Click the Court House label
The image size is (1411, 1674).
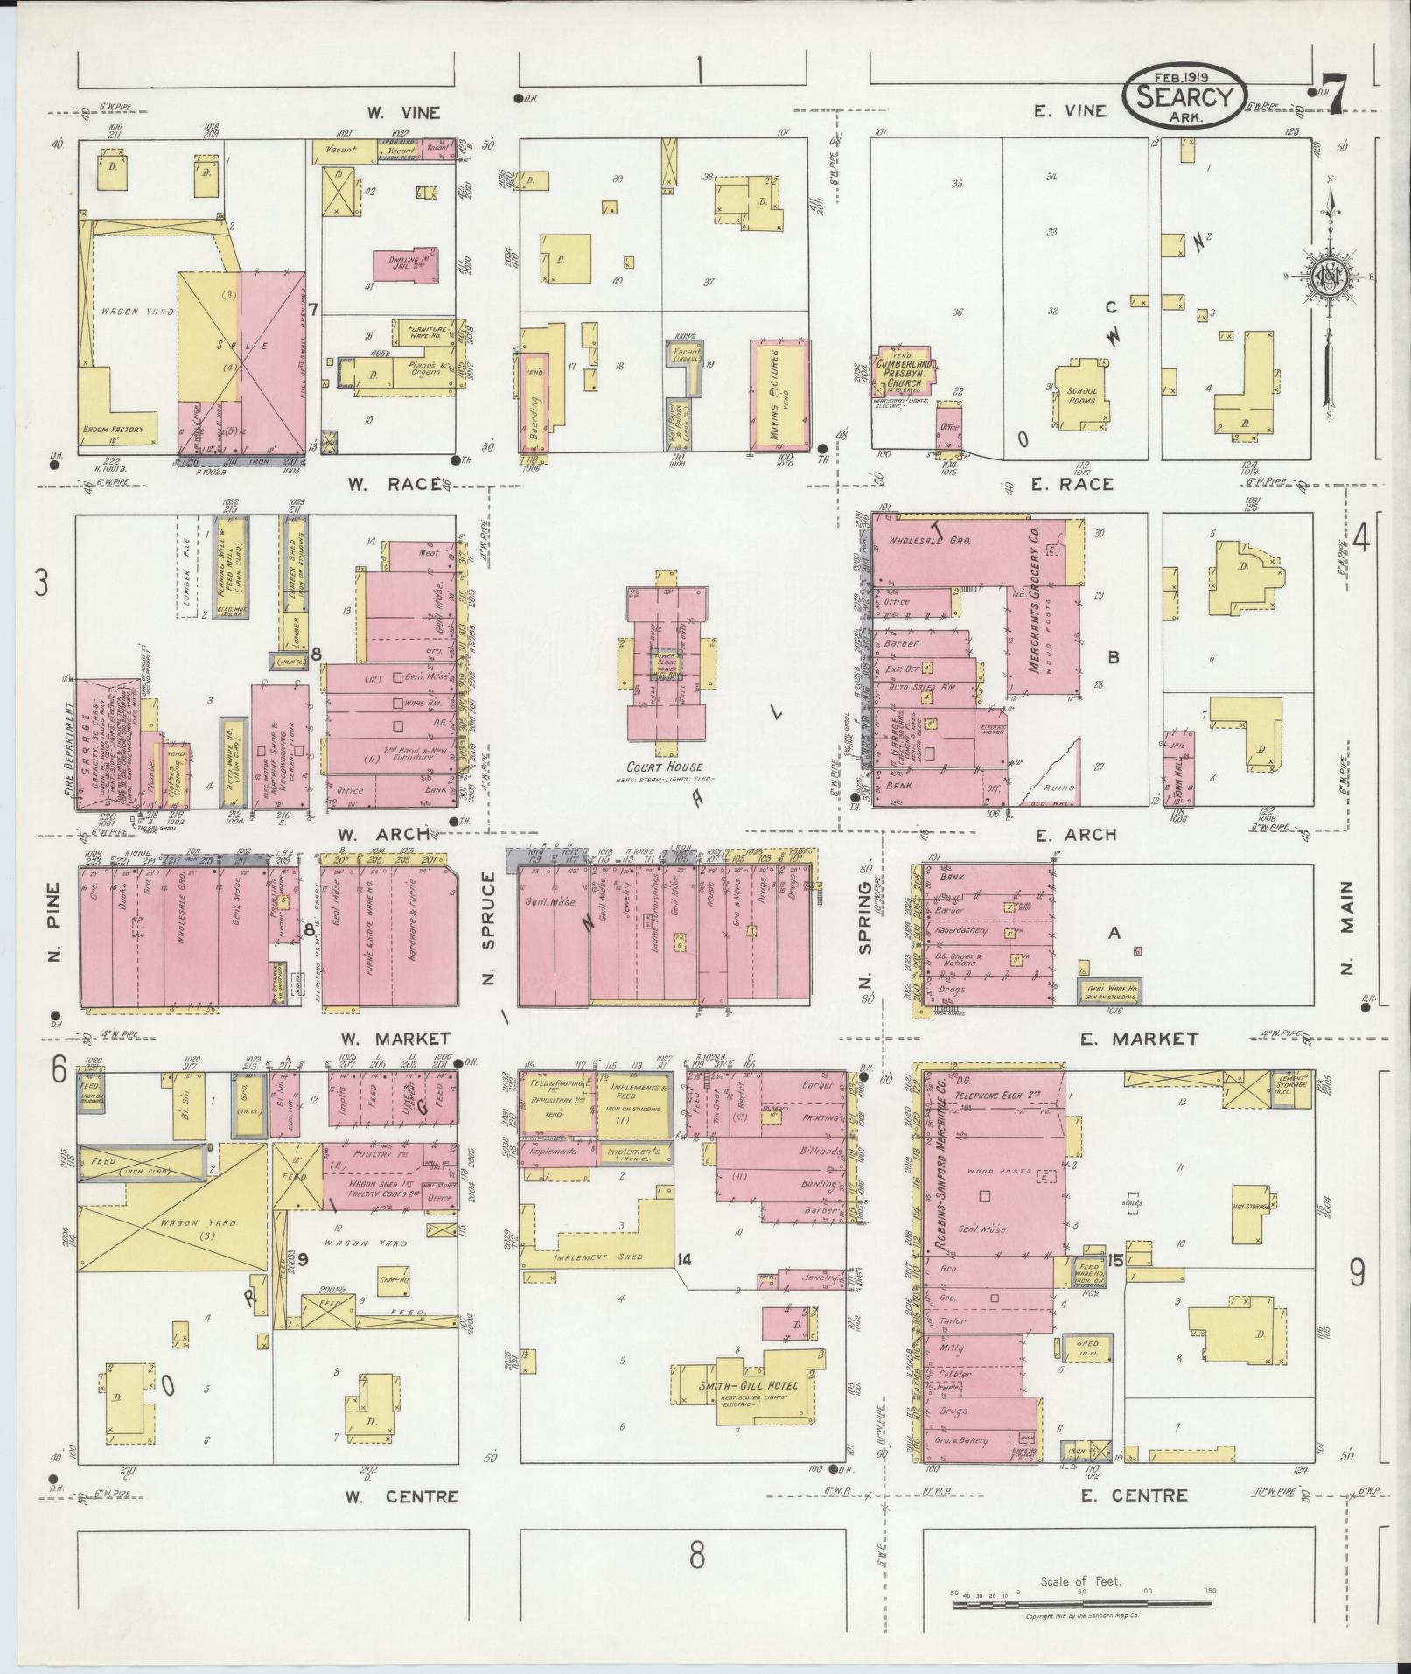pyautogui.click(x=670, y=767)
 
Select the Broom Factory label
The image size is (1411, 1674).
pyautogui.click(x=118, y=429)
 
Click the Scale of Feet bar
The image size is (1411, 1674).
pyautogui.click(x=1082, y=1606)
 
